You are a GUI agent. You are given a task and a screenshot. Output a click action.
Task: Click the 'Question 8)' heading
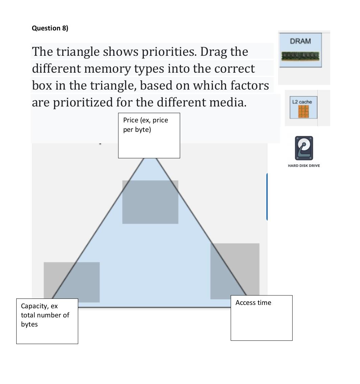coord(50,28)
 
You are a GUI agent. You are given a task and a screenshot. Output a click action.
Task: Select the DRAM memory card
coord(300,50)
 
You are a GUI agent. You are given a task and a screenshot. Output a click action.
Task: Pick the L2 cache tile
coord(303,107)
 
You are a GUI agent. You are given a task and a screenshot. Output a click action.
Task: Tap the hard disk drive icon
coord(304,148)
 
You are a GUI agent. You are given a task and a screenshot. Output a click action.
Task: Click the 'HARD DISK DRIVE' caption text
coord(304,166)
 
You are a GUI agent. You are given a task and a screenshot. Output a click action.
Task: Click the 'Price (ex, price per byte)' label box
coord(149,135)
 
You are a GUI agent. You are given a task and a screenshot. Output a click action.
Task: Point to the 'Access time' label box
coord(261,317)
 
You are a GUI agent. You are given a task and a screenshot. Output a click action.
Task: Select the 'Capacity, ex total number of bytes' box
coord(47,321)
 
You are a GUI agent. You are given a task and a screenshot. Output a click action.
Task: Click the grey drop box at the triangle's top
coord(150,202)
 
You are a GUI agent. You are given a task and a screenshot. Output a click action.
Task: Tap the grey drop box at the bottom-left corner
coord(71,282)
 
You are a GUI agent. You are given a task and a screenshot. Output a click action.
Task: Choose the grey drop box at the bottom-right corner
coord(235,271)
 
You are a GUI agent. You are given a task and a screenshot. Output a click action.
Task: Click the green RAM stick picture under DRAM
coord(300,56)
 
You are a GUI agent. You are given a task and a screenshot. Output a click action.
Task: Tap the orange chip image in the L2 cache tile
coord(303,112)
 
